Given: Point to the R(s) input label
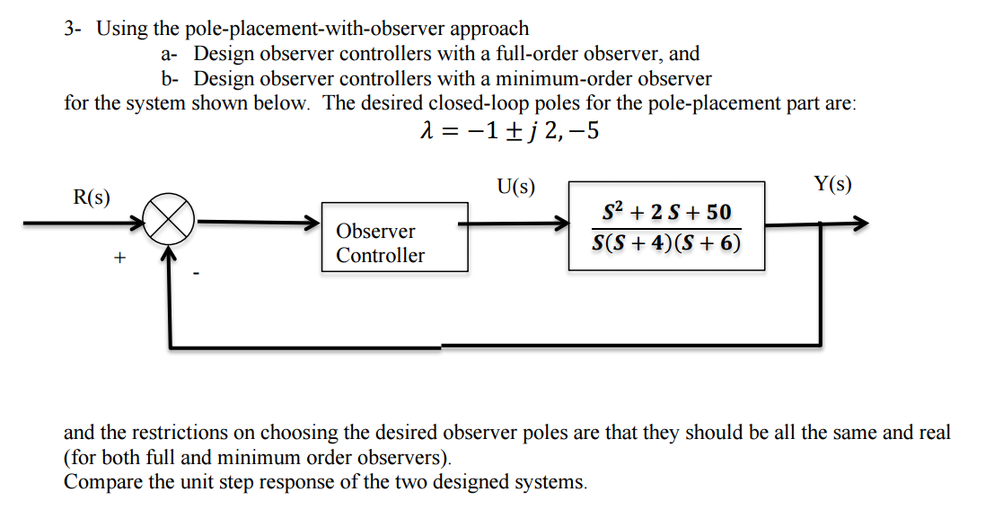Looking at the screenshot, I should (92, 198).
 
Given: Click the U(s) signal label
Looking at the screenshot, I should (515, 188).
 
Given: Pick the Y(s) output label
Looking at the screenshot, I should (832, 185).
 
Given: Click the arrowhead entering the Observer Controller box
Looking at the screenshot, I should (313, 223).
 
